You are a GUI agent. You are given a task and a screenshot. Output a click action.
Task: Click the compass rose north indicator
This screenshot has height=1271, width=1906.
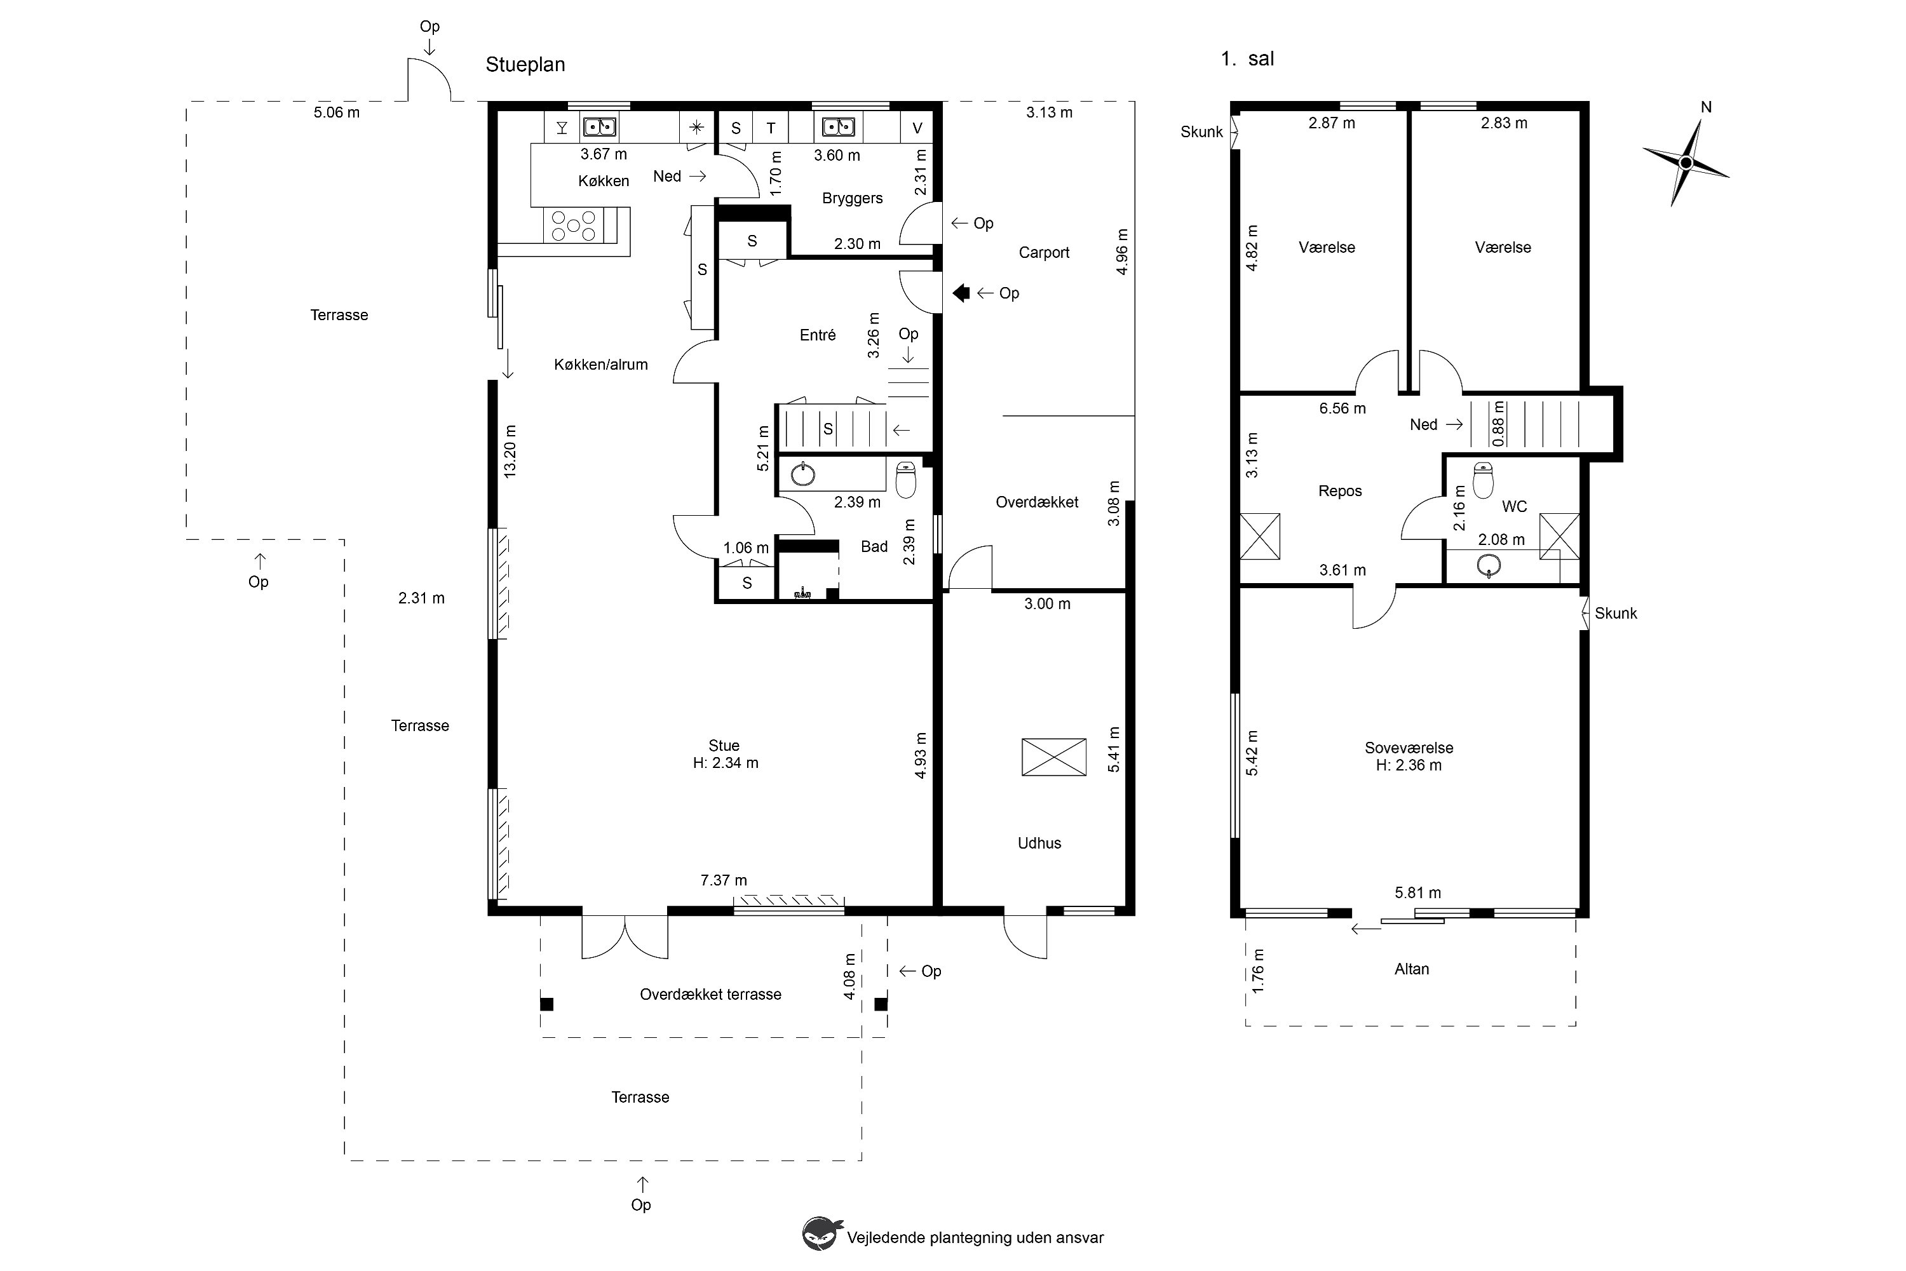[x=1686, y=162]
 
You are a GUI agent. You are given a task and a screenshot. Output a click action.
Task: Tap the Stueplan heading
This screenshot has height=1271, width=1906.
[x=525, y=65]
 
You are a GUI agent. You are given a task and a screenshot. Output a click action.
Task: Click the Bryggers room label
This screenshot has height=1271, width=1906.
[x=852, y=199]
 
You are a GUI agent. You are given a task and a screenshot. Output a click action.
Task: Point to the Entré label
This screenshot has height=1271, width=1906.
[x=817, y=335]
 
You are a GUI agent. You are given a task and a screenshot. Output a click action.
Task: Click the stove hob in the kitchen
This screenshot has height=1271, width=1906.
[x=573, y=225]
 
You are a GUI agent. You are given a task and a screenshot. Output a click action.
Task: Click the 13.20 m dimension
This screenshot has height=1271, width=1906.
[x=510, y=451]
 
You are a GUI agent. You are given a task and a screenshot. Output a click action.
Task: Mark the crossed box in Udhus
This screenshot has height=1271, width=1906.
[x=1053, y=757]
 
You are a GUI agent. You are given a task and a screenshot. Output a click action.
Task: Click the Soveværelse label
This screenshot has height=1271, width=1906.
[x=1409, y=748]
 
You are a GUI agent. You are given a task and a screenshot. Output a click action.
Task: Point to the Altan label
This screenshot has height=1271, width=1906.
[x=1412, y=969]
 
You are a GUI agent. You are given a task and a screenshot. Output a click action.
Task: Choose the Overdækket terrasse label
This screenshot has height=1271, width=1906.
[x=710, y=995]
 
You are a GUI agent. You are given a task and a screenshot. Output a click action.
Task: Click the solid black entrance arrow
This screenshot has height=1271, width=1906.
[x=961, y=293]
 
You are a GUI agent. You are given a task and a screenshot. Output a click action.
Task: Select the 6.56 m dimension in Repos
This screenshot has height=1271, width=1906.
[x=1342, y=408]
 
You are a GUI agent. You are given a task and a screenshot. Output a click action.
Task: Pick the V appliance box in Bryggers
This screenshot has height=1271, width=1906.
[x=917, y=127]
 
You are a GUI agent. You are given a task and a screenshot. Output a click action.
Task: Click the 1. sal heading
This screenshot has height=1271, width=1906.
[x=1247, y=59]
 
